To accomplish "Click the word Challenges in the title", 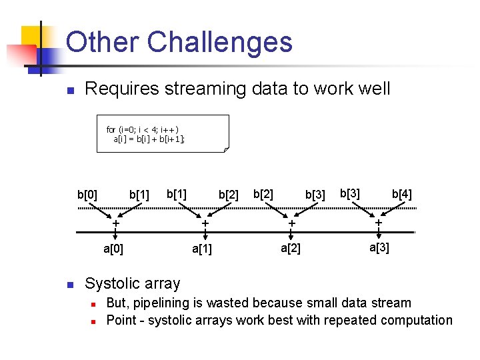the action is [219, 42].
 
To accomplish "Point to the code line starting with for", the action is [143, 129].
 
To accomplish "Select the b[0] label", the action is [87, 195].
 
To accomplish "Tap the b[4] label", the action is [401, 194].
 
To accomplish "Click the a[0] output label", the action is [113, 249].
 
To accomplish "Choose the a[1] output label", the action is [202, 249].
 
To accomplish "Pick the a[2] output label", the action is [290, 249].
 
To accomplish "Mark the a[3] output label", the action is [379, 248].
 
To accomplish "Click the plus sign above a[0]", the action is [116, 223].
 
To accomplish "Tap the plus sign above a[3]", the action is [378, 223].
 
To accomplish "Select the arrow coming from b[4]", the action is [390, 207].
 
